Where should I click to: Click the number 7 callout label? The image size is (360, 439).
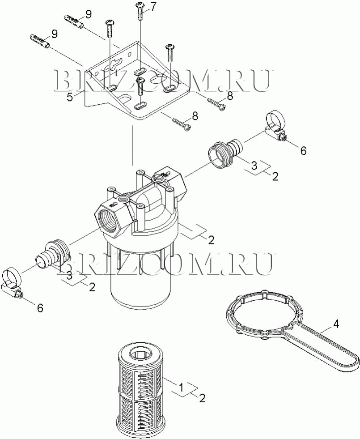[x=153, y=7]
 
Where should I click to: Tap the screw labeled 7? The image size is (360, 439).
[x=140, y=11]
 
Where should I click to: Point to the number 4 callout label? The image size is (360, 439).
[x=336, y=324]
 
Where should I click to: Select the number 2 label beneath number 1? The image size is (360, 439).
[x=202, y=398]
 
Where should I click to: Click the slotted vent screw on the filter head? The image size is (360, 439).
[x=158, y=177]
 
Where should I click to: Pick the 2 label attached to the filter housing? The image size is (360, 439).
[x=211, y=240]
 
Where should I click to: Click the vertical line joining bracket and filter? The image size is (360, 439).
[x=132, y=145]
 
